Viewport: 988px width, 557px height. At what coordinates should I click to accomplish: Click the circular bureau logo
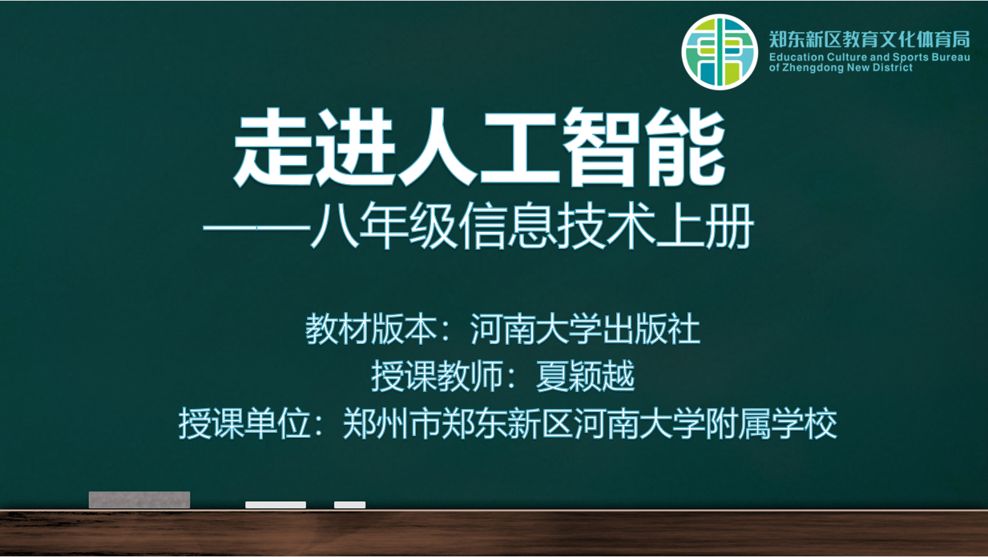720,52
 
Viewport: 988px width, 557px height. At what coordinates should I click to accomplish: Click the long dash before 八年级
256,228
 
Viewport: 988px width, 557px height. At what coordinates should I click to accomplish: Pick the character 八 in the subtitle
334,226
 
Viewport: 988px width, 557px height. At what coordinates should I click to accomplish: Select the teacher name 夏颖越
585,376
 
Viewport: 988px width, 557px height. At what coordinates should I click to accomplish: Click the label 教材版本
371,329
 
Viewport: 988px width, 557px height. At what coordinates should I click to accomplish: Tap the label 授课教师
437,376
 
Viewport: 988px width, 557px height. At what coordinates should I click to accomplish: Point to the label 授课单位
244,423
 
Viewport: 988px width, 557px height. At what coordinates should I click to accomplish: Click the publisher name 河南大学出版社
585,329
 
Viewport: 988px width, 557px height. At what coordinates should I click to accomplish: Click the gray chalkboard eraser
139,499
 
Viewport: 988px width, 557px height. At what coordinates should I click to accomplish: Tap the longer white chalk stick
276,505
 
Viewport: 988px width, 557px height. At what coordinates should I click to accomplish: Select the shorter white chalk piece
350,505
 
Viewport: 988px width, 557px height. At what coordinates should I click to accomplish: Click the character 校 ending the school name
821,423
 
